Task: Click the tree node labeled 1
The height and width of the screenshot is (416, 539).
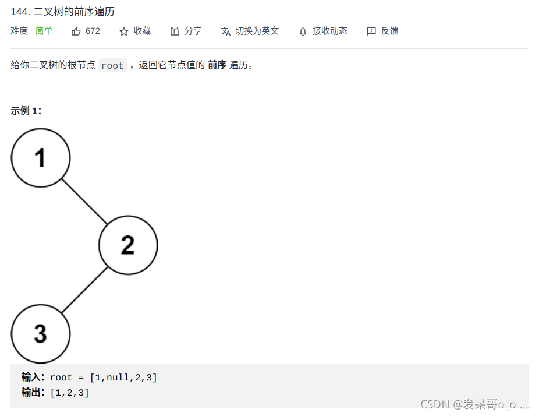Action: click(41, 157)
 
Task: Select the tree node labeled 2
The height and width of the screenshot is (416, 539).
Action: click(128, 245)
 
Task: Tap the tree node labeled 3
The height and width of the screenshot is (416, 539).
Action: click(41, 334)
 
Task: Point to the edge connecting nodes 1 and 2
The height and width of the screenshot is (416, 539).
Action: click(84, 201)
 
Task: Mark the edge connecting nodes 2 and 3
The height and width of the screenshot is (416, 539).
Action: click(84, 290)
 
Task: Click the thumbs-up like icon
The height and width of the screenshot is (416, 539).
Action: click(76, 31)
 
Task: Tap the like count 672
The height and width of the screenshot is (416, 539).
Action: click(93, 31)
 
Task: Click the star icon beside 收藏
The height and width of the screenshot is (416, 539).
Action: click(124, 31)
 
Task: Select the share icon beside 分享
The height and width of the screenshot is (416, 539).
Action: click(175, 31)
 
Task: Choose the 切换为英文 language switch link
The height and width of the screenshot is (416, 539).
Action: click(257, 31)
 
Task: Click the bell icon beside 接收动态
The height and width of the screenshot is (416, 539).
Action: click(303, 31)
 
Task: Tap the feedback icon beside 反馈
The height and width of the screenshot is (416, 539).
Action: click(371, 31)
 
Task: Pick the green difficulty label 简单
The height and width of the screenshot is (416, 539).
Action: click(44, 31)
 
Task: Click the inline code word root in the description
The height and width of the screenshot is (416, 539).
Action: click(112, 66)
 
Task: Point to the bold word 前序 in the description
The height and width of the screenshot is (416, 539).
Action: click(217, 65)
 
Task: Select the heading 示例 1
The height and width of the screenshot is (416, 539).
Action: click(26, 111)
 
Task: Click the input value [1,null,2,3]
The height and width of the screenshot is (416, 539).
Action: click(123, 378)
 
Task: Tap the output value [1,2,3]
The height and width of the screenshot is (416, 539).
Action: click(70, 393)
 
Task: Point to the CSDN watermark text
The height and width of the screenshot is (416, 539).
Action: click(475, 404)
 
